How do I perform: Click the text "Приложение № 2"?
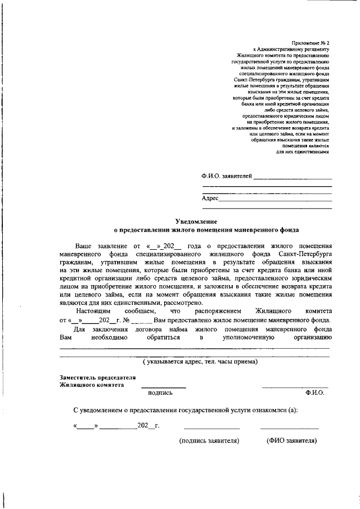311,43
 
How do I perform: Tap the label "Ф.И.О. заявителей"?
227,177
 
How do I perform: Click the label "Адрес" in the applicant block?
209,199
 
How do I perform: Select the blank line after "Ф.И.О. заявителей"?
292,178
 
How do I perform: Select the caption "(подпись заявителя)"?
209,440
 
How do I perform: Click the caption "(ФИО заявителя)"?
291,440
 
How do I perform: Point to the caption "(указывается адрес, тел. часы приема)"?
200,361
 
